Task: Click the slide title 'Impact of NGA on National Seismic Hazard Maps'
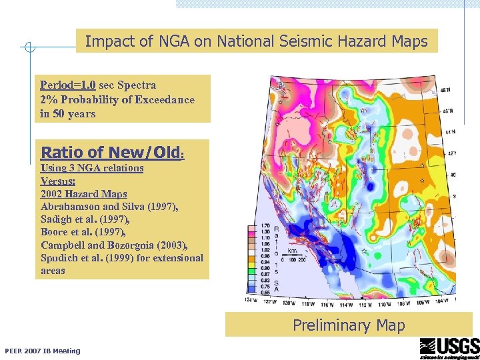coord(257,41)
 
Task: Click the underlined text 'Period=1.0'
coord(68,85)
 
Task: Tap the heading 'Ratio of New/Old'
coord(111,152)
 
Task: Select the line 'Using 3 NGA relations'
coord(92,168)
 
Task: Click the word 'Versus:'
coord(58,181)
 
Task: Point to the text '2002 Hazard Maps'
coord(83,194)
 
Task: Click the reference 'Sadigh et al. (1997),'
coord(84,219)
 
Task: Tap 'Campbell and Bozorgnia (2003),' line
coord(114,245)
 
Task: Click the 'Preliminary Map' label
coord(349,325)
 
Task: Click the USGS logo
coord(449,348)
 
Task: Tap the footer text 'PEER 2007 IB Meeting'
coord(42,351)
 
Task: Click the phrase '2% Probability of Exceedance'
coord(117,100)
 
